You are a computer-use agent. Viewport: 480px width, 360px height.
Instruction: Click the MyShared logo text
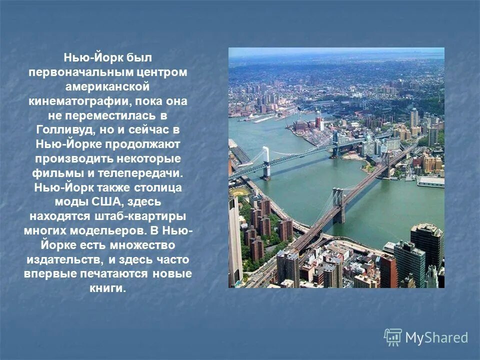(x=436, y=338)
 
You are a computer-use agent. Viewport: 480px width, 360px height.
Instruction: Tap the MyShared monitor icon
(x=392, y=337)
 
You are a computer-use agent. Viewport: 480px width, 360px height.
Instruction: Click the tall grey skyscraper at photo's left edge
(x=234, y=240)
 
